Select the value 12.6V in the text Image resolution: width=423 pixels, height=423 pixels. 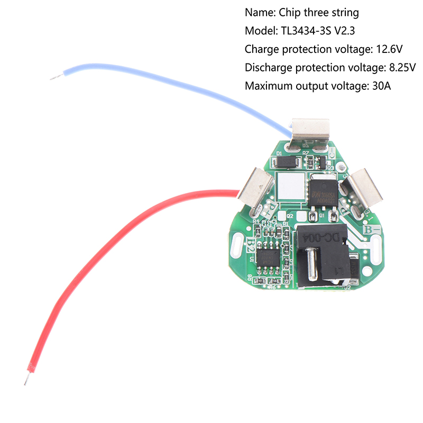point(388,50)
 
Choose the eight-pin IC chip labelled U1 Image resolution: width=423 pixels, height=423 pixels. point(268,256)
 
